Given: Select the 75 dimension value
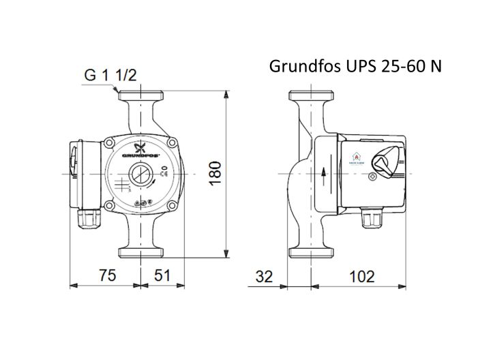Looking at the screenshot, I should (x=104, y=276).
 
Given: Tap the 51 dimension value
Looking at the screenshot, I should (x=160, y=276).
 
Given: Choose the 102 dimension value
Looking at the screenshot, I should (x=362, y=277).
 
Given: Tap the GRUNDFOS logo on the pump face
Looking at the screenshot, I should (x=142, y=152).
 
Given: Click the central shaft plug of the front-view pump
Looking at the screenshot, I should (x=141, y=174).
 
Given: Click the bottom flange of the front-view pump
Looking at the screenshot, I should (x=141, y=252).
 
